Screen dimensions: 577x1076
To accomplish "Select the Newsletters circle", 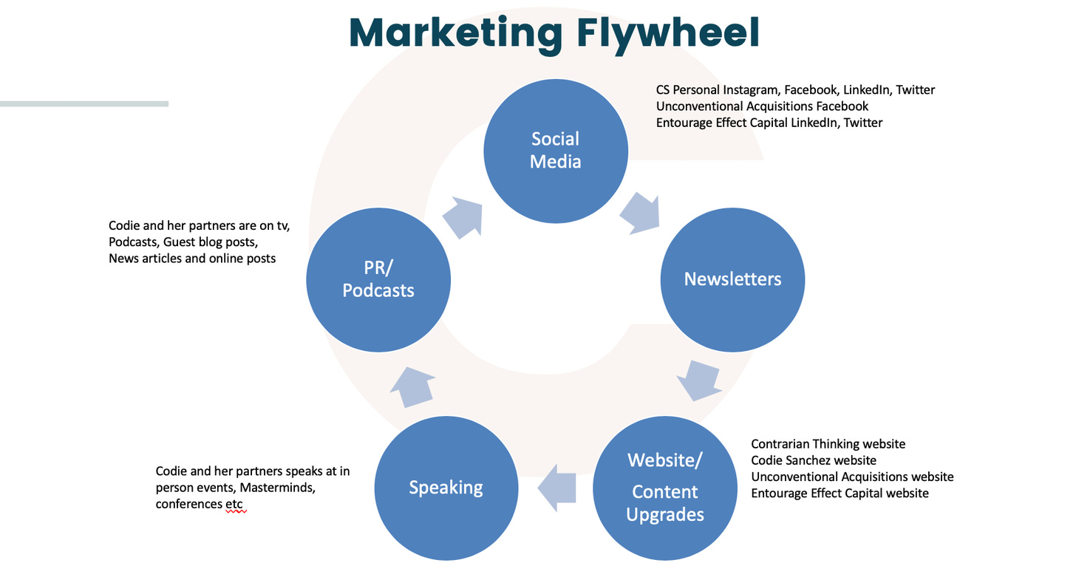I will point(732,279).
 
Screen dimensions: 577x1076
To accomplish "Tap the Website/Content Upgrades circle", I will point(664,487).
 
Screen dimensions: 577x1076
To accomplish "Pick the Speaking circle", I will point(446,487).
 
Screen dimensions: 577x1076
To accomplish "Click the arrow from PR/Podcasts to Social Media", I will point(463,217).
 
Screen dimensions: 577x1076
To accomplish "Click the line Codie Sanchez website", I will point(814,460).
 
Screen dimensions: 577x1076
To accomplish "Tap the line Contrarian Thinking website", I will point(828,444).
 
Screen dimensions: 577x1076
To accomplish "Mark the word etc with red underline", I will point(234,504).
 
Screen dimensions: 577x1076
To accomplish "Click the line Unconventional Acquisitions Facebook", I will point(762,106).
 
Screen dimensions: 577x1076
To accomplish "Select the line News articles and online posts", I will point(192,259).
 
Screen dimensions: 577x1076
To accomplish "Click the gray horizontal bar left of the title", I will point(84,104).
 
